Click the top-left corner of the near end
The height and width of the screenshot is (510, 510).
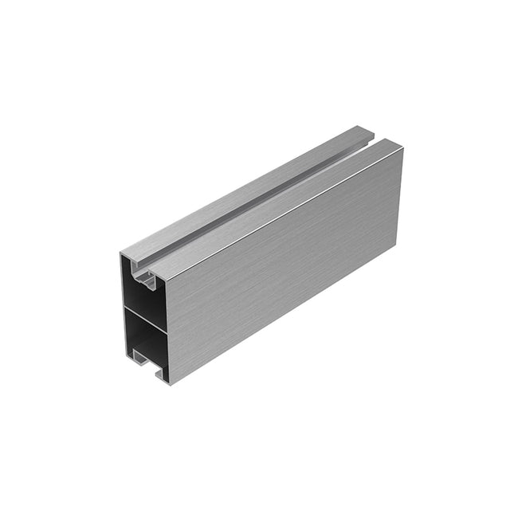pyautogui.click(x=121, y=253)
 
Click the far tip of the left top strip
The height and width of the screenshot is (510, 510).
pyautogui.click(x=368, y=127)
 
